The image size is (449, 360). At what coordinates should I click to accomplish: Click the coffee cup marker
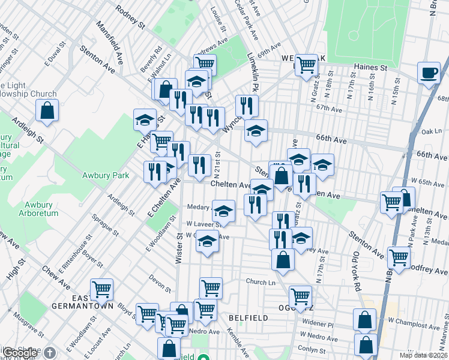coord(430,73)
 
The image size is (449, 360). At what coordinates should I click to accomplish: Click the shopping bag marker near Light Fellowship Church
coord(47,110)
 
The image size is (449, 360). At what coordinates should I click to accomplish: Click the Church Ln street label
coord(260,281)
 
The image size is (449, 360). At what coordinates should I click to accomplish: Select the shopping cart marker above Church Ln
coord(211,288)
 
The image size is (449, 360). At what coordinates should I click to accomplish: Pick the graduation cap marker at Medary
coord(223,211)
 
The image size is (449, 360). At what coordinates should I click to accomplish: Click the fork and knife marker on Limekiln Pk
coord(247,106)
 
